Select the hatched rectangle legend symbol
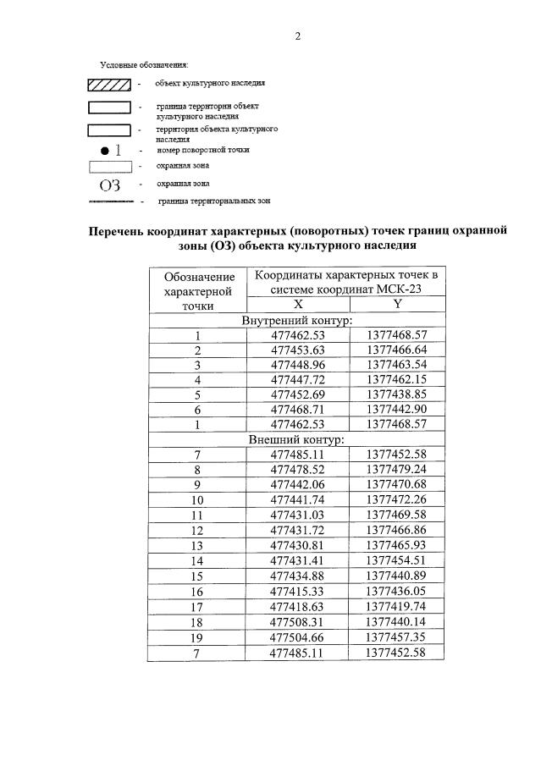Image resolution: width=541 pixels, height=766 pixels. (109, 84)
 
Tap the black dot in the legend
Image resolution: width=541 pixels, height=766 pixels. (102, 150)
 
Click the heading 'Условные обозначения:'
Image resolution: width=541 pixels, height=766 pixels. (143, 64)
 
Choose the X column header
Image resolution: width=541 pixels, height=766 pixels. (298, 304)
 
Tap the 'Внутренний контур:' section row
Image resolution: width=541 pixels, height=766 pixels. (297, 320)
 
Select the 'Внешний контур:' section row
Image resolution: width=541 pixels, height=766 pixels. (297, 440)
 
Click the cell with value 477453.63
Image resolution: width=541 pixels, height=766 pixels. (298, 350)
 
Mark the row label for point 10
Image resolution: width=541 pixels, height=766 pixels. (197, 500)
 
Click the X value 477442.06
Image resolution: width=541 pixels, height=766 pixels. (298, 485)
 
